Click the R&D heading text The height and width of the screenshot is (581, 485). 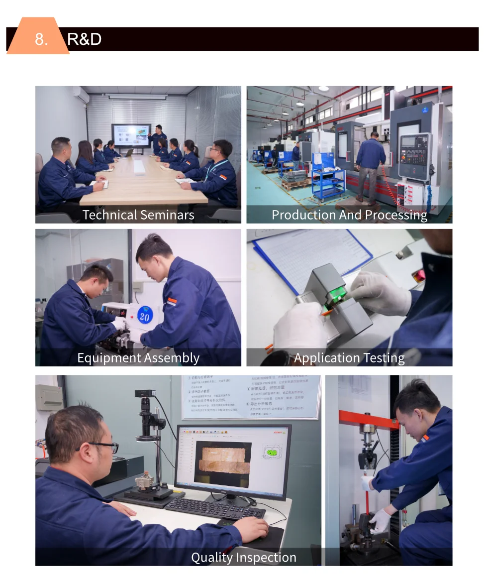point(84,39)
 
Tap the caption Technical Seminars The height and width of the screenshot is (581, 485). point(138,215)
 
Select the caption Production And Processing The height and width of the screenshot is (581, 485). point(349,215)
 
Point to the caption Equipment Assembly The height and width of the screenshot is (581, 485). point(138,358)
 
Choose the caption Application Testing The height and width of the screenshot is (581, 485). point(349,358)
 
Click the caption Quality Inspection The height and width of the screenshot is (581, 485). point(243,558)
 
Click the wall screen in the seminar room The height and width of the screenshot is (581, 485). point(131,135)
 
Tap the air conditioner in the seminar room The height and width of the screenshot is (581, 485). point(81,95)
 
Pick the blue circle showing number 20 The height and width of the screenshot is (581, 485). point(144,316)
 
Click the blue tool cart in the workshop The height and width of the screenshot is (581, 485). point(328,184)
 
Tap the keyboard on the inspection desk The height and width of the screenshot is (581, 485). point(215,508)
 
